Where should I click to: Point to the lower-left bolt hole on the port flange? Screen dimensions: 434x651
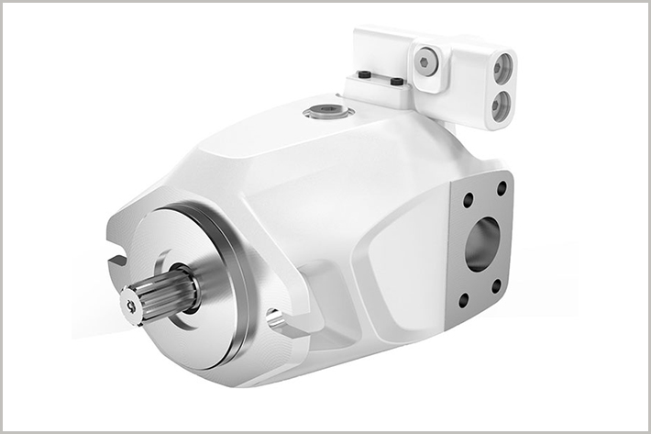463,299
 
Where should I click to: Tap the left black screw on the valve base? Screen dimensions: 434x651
364,74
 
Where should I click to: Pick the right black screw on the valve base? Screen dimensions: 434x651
397,82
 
